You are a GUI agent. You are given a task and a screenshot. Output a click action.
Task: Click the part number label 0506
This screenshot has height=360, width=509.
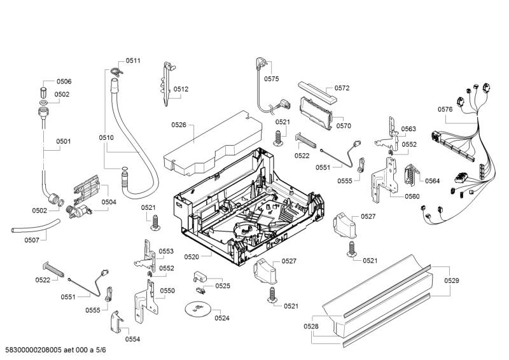pyautogui.click(x=64, y=81)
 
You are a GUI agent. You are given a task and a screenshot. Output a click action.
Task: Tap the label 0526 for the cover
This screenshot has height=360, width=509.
pyautogui.click(x=178, y=125)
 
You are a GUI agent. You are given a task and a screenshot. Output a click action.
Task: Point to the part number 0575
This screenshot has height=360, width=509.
pyautogui.click(x=272, y=79)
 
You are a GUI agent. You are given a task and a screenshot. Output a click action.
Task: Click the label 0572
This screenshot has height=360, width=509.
pyautogui.click(x=342, y=88)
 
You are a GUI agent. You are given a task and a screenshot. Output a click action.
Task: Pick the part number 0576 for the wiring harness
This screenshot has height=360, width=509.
pyautogui.click(x=445, y=109)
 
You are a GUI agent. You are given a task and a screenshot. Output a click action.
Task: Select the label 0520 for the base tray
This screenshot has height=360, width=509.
pyautogui.click(x=192, y=256)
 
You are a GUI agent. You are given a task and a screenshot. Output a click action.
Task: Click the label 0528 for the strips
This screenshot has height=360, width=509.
pyautogui.click(x=311, y=326)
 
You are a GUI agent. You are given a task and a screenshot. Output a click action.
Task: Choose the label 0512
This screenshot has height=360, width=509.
pyautogui.click(x=181, y=90)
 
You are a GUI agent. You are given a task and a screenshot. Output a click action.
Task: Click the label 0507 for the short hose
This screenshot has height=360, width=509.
pyautogui.click(x=32, y=240)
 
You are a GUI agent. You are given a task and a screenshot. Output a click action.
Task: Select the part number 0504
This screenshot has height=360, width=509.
pyautogui.click(x=109, y=202)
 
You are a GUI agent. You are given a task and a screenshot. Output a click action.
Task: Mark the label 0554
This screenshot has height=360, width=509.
pyautogui.click(x=132, y=339)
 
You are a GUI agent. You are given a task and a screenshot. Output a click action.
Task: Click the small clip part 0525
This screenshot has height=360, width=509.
pyautogui.click(x=200, y=278)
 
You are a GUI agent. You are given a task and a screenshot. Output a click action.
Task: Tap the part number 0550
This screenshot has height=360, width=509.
pyautogui.click(x=167, y=291)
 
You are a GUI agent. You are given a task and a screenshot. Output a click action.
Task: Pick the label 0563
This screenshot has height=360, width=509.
pyautogui.click(x=408, y=129)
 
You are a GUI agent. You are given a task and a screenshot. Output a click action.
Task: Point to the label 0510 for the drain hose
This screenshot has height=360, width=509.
pyautogui.click(x=106, y=137)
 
